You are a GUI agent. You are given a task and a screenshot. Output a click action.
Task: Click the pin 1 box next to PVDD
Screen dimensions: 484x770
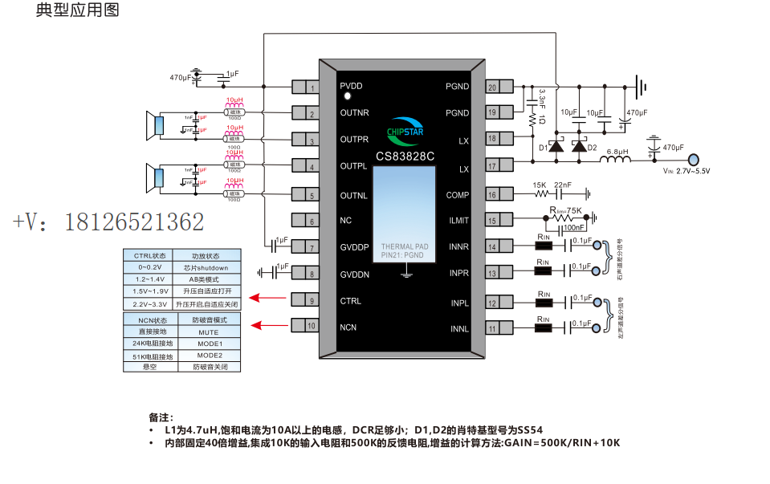click(304, 87)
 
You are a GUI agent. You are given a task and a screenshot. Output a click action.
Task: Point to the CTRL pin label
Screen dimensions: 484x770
click(350, 301)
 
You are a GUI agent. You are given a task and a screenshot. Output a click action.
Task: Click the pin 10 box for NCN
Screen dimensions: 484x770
click(304, 326)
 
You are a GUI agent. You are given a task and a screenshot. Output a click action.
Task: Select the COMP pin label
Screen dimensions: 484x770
click(458, 195)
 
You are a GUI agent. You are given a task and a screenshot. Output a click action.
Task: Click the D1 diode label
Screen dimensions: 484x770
click(544, 148)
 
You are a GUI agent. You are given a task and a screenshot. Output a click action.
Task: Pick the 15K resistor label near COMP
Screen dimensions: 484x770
click(540, 185)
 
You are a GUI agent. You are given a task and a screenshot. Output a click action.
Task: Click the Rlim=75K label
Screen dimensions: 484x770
click(565, 209)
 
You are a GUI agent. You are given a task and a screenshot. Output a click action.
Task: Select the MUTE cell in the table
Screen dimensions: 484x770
click(209, 331)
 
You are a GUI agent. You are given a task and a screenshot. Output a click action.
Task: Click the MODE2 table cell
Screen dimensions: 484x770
click(209, 355)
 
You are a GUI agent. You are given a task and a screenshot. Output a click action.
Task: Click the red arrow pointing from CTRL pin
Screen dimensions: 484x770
click(270, 299)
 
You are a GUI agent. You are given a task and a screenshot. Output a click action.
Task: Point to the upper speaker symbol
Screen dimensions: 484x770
click(154, 126)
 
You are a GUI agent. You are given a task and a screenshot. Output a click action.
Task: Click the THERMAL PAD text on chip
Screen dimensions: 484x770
click(405, 246)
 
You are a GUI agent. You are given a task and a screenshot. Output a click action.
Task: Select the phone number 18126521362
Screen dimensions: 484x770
click(108, 222)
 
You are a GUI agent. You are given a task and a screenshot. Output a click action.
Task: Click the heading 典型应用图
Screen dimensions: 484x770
click(78, 11)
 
